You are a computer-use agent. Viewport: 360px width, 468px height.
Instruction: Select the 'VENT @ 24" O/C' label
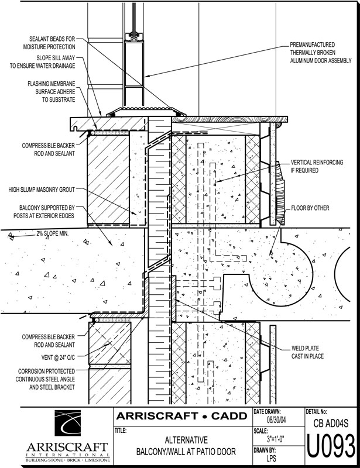point(53,357)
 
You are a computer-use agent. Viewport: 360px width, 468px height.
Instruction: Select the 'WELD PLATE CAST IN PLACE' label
point(307,352)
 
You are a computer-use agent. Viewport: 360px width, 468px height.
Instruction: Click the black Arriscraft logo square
point(67,424)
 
